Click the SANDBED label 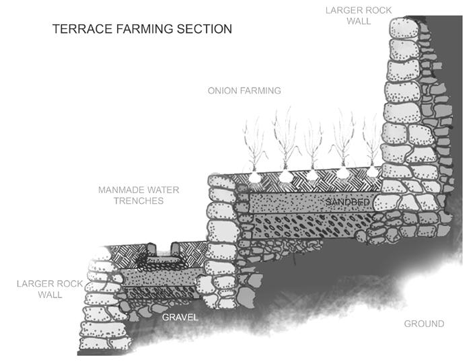pos(348,202)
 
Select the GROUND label pos(424,324)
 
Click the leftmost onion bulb pos(254,176)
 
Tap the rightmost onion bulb pos(371,172)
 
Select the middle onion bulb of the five pos(312,174)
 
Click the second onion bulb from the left pos(285,176)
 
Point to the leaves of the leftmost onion pos(254,145)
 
